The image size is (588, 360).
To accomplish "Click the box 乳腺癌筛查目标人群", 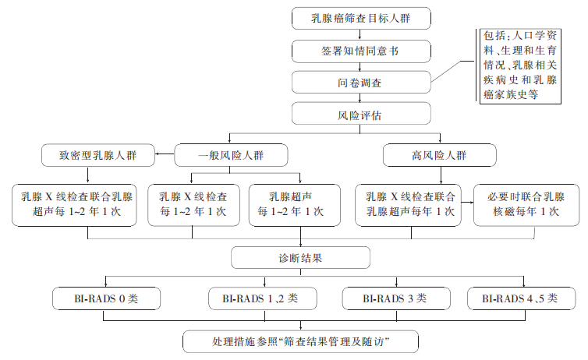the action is [x=361, y=18].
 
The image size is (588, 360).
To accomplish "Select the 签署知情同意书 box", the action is [x=361, y=51].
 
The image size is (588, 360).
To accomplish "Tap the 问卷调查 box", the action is [x=361, y=83].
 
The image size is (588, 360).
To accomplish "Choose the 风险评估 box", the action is [x=361, y=114].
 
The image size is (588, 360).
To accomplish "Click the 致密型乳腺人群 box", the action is [x=98, y=155].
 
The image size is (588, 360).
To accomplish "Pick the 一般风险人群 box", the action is [x=231, y=155].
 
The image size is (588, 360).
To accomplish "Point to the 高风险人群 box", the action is [x=440, y=155].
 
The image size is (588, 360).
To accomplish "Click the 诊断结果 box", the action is [x=300, y=257].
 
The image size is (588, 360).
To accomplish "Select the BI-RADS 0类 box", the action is [x=107, y=298].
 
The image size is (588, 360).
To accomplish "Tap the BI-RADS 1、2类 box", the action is [x=263, y=298].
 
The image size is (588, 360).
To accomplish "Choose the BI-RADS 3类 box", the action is [x=396, y=298].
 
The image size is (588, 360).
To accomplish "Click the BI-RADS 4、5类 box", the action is [x=521, y=298].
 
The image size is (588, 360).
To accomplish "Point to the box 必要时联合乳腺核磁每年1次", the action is [x=526, y=205].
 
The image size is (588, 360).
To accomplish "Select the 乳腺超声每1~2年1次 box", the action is [x=295, y=205].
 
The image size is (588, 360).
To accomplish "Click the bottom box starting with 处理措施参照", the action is [x=301, y=341].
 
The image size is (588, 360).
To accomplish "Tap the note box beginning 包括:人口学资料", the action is [x=520, y=65].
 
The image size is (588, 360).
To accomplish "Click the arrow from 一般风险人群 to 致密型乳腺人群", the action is [x=165, y=154].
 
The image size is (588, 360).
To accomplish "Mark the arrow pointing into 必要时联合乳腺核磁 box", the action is [x=467, y=203].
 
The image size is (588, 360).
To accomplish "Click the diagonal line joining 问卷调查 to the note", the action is [x=446, y=71].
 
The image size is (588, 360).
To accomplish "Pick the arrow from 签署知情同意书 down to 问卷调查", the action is [x=360, y=67].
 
